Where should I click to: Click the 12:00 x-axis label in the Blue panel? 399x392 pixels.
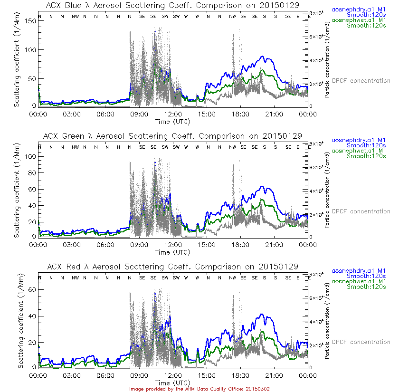coord(173,115)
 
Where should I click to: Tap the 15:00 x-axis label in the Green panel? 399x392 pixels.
coord(207,245)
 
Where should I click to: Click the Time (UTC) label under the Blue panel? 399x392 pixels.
coord(173,122)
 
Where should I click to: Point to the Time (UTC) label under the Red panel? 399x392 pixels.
coord(173,382)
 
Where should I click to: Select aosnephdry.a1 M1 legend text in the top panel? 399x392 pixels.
coord(361,9)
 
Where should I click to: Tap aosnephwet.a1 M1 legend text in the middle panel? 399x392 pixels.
coord(361,151)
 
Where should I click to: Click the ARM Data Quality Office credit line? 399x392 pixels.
coord(199,389)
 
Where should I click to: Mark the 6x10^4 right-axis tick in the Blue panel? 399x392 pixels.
coord(316,37)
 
